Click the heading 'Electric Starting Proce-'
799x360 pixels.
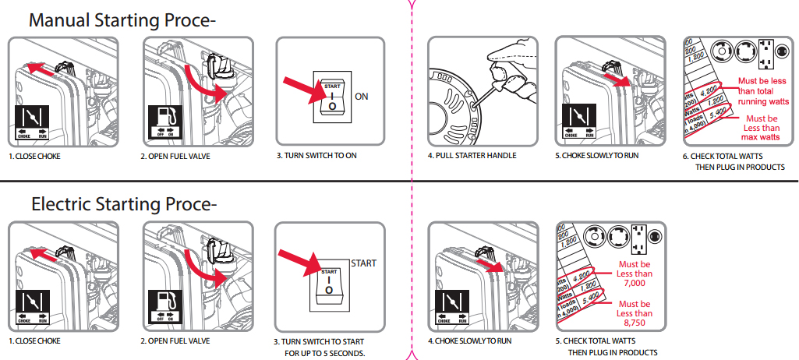[x=123, y=205]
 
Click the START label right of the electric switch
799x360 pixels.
[x=363, y=263]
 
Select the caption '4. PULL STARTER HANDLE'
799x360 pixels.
[x=472, y=156]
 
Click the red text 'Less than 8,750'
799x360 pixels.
[x=634, y=313]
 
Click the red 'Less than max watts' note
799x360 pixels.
[x=760, y=128]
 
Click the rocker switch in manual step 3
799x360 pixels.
[x=332, y=97]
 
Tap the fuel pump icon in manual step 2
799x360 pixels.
[x=165, y=117]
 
